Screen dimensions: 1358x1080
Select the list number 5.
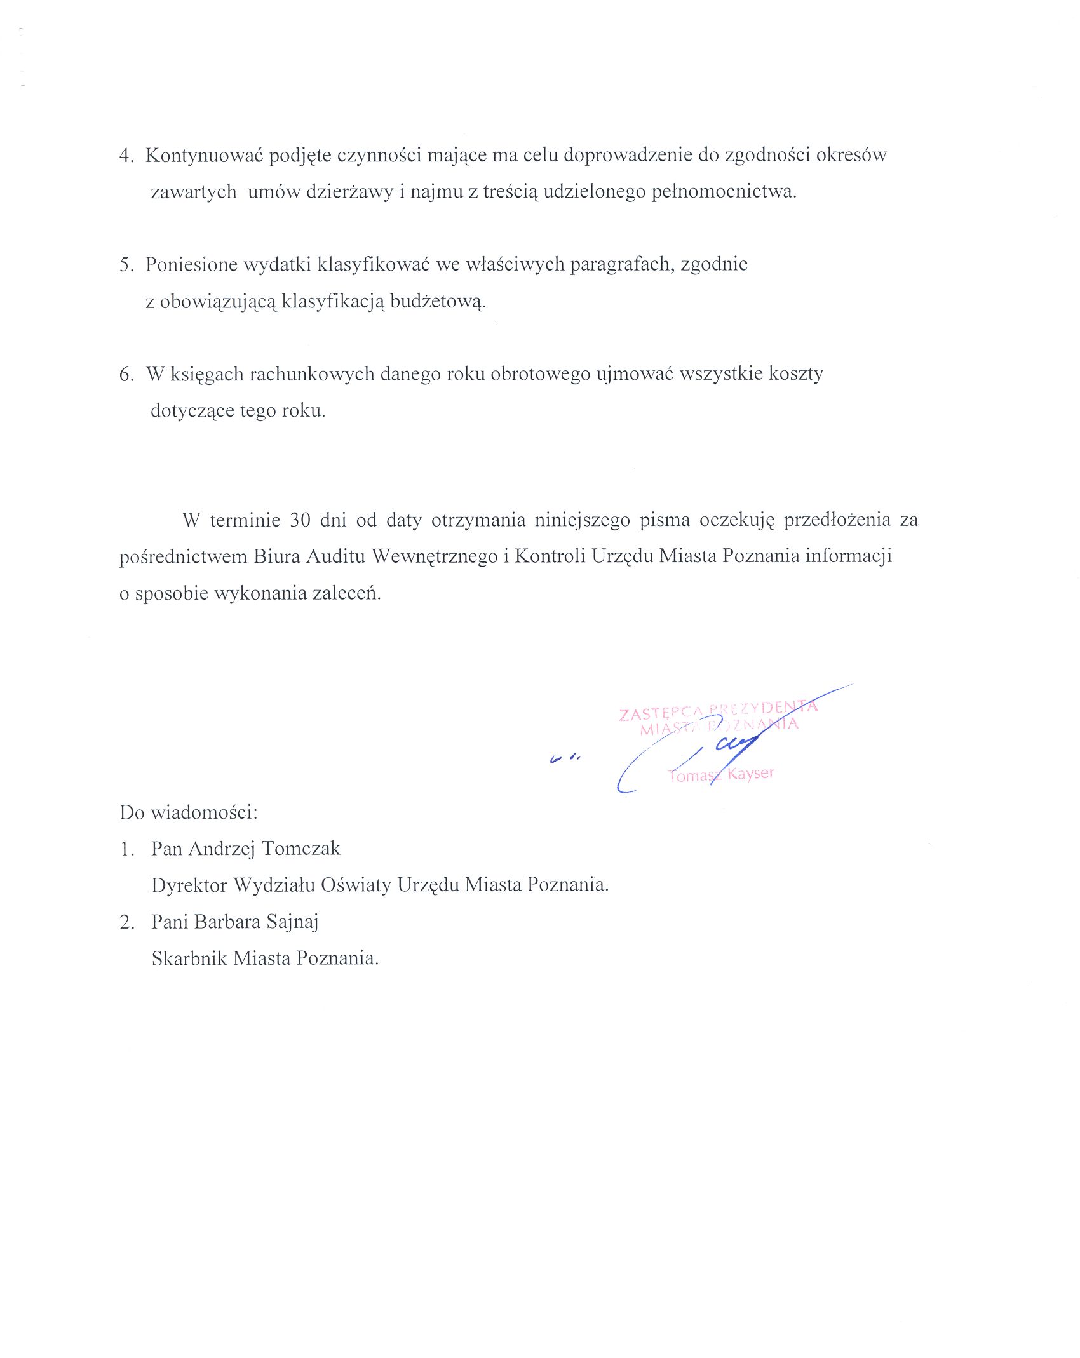[x=126, y=265]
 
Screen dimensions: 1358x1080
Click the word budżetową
[x=438, y=301]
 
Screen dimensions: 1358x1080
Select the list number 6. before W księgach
[x=126, y=374]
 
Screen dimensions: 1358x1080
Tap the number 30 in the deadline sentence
[x=300, y=520]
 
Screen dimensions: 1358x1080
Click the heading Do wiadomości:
[x=188, y=812]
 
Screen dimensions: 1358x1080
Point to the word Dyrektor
[x=189, y=885]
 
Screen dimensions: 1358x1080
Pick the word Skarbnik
[x=189, y=958]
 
